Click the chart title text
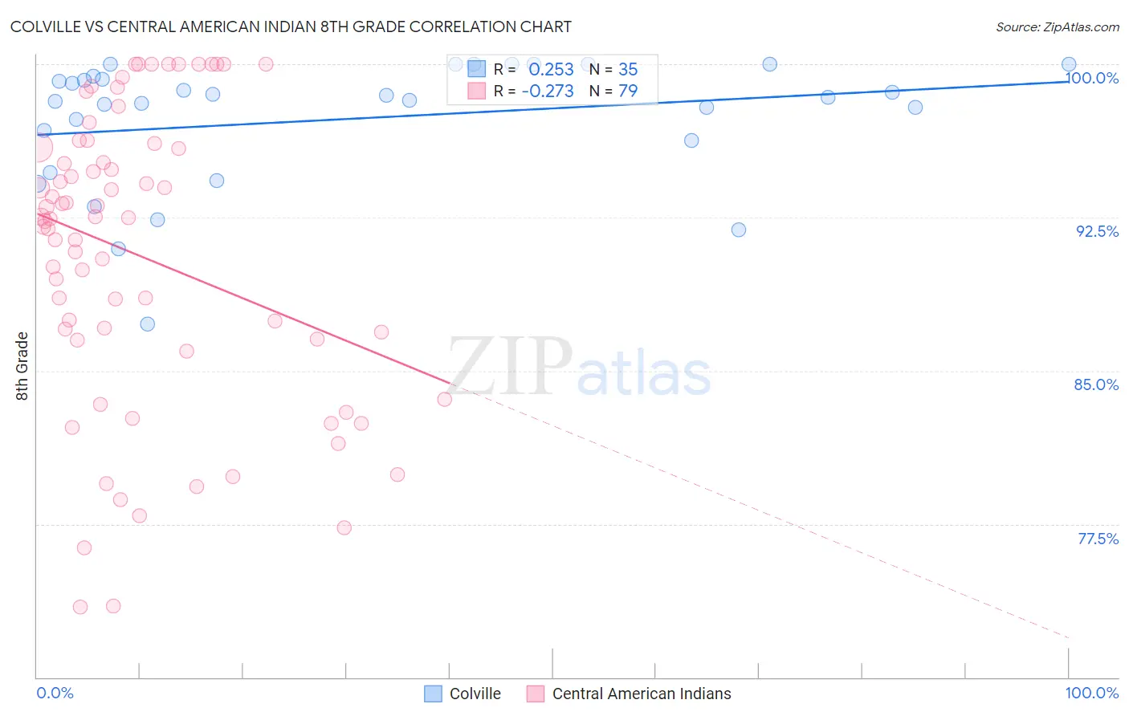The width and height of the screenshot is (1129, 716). coord(291,26)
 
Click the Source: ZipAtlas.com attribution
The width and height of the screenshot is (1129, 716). coord(1057,27)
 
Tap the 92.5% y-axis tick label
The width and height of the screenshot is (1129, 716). coord(1097,231)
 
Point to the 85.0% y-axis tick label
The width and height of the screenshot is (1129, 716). coord(1096,384)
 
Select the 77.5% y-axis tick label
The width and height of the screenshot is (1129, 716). coord(1098,539)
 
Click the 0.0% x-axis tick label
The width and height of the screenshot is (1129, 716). coord(55,693)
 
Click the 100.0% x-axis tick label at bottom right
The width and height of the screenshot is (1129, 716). coord(1091,693)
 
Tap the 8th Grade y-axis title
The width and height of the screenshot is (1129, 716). coord(22,366)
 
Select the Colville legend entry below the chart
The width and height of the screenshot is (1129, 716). coord(463,694)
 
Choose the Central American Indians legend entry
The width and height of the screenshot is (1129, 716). coord(629,694)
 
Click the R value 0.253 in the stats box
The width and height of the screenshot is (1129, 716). coord(551,69)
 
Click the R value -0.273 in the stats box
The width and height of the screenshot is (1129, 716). coord(548,91)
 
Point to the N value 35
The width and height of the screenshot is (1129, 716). coord(628,69)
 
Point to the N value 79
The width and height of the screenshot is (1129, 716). coord(628,91)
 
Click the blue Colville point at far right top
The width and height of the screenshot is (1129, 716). coord(1069,64)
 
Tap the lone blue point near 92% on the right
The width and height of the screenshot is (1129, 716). coord(739,230)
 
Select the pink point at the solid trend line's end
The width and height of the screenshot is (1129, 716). coord(445,399)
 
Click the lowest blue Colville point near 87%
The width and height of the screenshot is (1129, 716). coord(148,324)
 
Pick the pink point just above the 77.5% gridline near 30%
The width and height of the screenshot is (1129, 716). coord(344,527)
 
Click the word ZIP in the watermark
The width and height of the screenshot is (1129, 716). coord(510,366)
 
